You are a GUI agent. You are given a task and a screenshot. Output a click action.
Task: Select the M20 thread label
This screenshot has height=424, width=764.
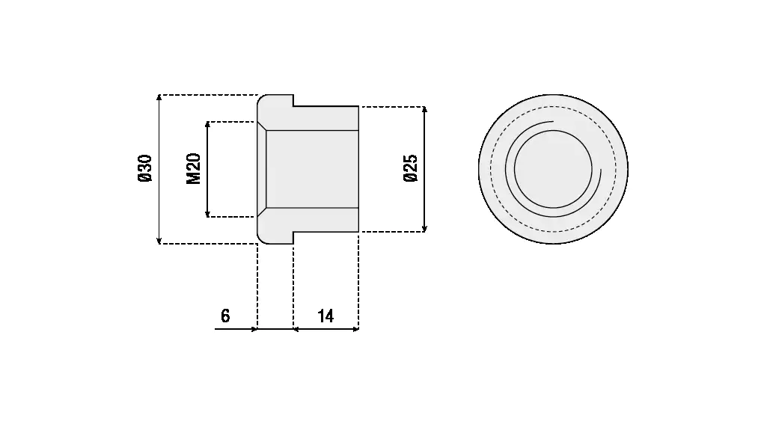tap(194, 169)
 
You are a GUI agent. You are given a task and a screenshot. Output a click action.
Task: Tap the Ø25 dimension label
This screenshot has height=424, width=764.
tap(410, 169)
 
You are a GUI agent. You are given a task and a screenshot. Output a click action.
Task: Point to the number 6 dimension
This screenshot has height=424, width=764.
tap(225, 316)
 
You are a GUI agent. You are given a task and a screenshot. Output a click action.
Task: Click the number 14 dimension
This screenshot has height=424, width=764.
tap(326, 316)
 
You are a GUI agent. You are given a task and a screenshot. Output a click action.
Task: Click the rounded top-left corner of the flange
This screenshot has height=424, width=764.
tap(261, 99)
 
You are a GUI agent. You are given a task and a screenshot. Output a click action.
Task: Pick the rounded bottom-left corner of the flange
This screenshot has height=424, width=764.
tap(261, 239)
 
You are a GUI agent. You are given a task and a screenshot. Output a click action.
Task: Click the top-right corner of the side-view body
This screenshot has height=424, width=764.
tap(358, 106)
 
